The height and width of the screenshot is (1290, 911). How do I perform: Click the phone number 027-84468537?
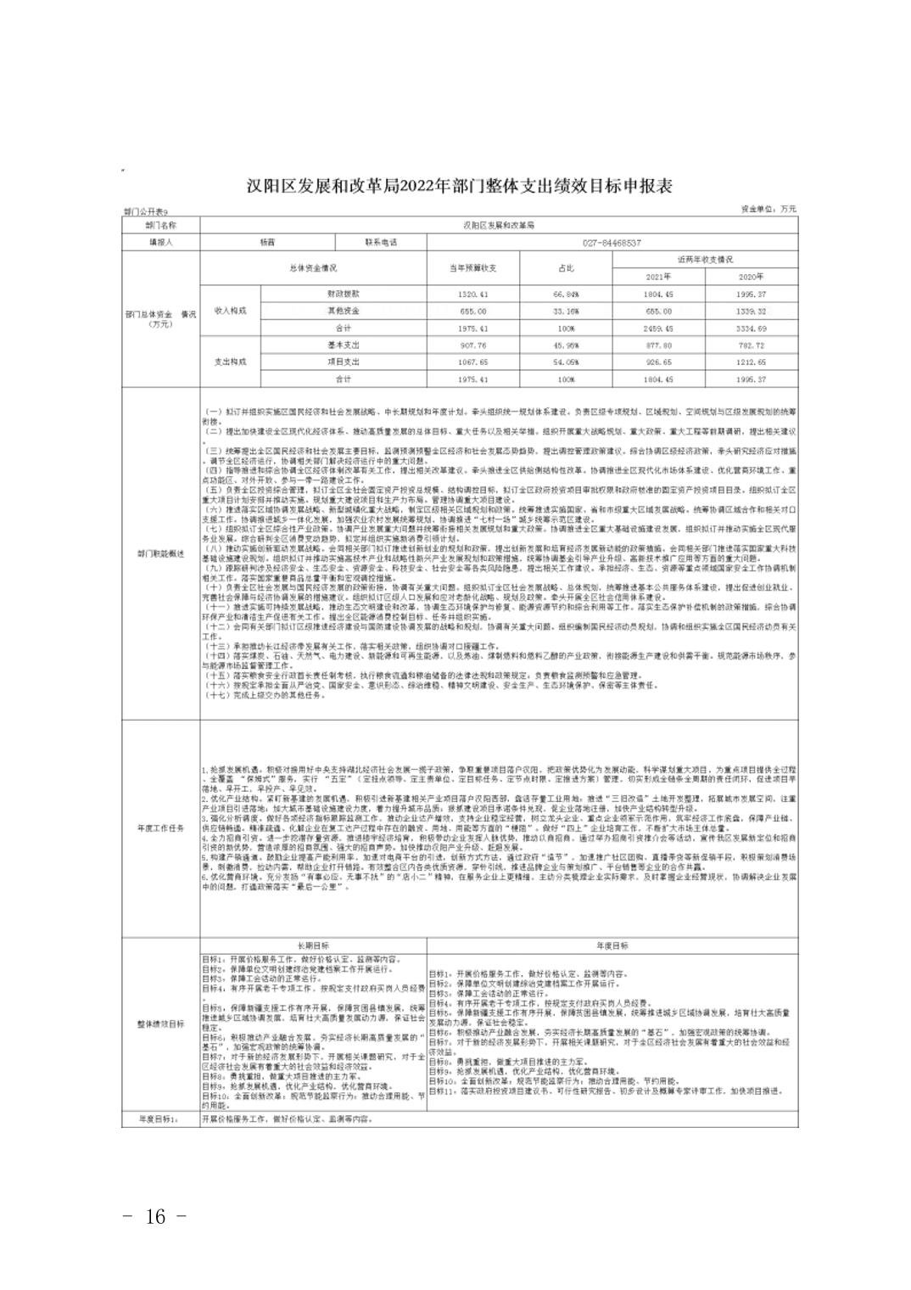click(x=612, y=242)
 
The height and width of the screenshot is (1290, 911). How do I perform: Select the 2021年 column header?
click(x=657, y=276)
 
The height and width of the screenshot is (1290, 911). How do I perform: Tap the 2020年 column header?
click(x=752, y=276)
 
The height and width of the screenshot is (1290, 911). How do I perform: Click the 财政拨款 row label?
click(x=344, y=294)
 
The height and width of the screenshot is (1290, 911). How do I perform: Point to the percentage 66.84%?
click(x=566, y=294)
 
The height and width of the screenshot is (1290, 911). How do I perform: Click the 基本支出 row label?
click(x=344, y=345)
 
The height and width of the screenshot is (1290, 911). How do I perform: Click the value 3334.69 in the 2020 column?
click(x=752, y=328)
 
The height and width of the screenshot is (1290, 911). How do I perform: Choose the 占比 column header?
click(x=566, y=267)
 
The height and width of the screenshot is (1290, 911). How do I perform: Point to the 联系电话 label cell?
click(x=381, y=242)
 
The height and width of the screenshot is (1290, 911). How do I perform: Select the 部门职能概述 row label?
click(x=160, y=552)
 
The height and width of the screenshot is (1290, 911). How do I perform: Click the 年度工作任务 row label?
click(x=160, y=828)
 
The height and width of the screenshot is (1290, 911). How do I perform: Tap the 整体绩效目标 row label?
click(x=160, y=1024)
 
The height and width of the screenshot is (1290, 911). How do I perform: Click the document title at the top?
click(x=459, y=186)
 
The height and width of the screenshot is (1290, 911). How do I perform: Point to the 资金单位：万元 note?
click(x=768, y=209)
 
